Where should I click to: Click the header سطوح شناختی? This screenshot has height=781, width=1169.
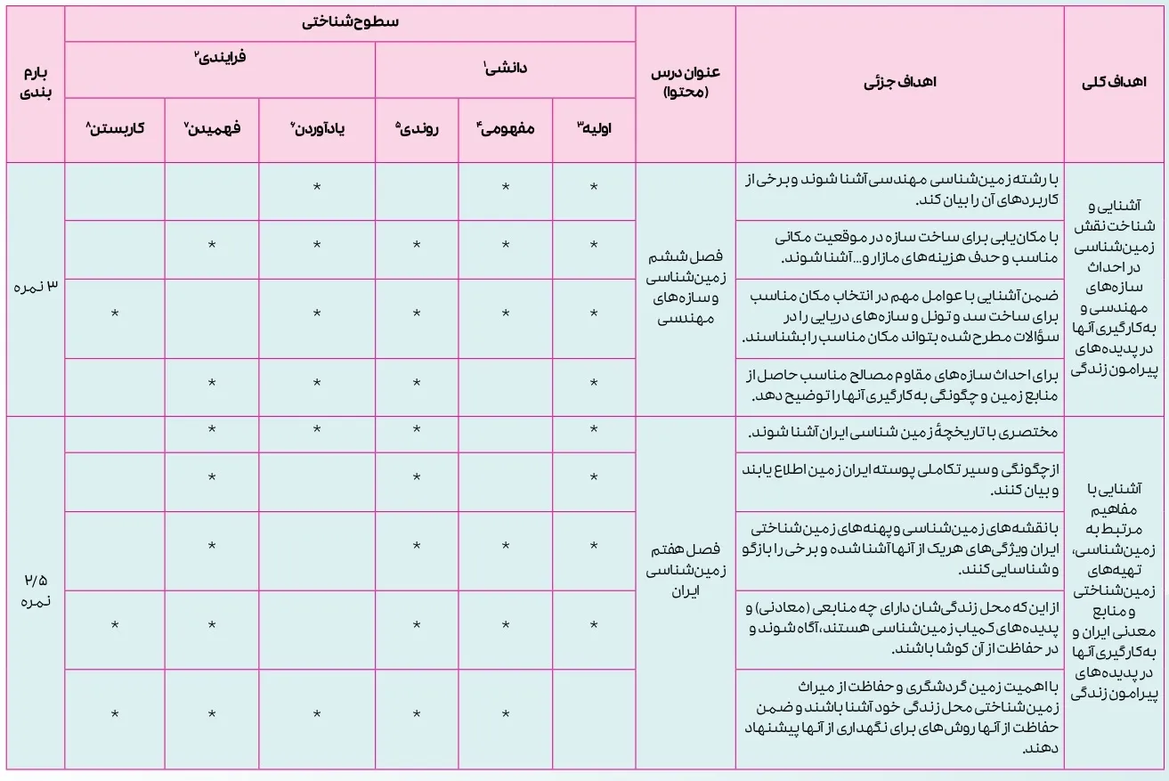(349, 22)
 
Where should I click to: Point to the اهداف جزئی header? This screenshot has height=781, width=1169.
(899, 84)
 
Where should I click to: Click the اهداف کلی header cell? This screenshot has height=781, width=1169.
(1116, 84)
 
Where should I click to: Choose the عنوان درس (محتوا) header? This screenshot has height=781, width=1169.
(685, 84)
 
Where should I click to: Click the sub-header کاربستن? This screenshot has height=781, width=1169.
(115, 128)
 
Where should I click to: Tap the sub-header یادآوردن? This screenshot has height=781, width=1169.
(316, 128)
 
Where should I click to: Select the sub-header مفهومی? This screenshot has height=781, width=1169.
(506, 128)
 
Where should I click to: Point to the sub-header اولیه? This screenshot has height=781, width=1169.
(594, 128)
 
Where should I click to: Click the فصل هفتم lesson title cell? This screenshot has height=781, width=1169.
(685, 570)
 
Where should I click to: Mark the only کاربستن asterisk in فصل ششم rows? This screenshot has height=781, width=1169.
(115, 313)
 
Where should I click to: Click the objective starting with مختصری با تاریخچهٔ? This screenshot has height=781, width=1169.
(899, 432)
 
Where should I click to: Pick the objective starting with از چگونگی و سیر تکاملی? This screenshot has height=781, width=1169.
(899, 480)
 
